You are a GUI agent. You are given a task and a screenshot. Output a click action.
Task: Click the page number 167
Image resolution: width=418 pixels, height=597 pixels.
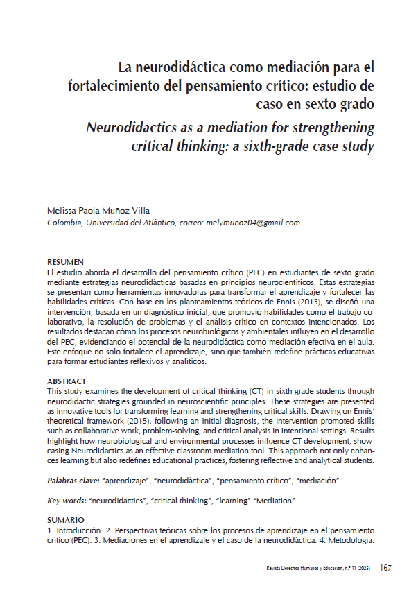click(x=385, y=569)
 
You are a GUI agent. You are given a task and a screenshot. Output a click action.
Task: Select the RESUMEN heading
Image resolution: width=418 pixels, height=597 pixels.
click(x=65, y=263)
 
